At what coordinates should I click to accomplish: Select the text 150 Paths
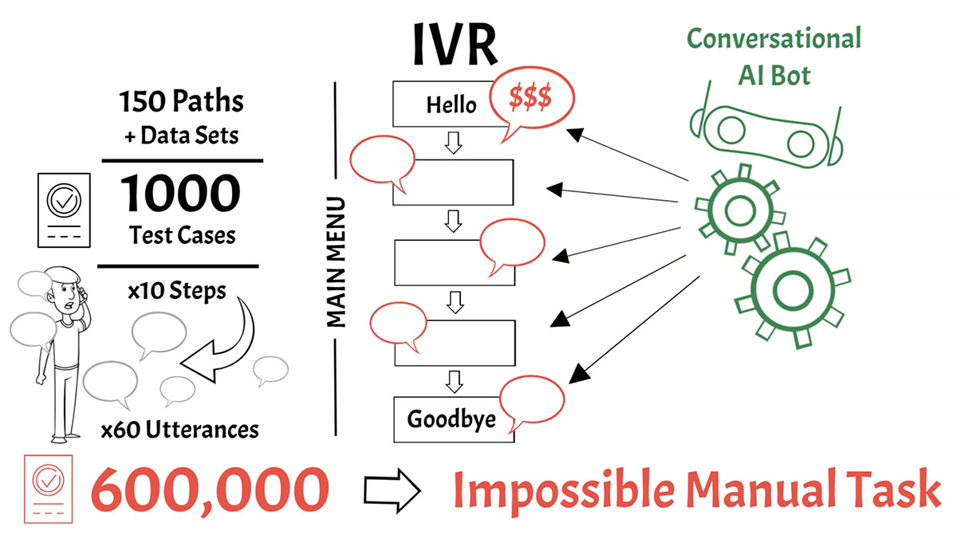point(182,102)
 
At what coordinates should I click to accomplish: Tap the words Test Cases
point(182,235)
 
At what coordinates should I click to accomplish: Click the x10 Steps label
point(176,290)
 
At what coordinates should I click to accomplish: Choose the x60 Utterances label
point(179,430)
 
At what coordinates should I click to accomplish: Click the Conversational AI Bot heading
point(774,56)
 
